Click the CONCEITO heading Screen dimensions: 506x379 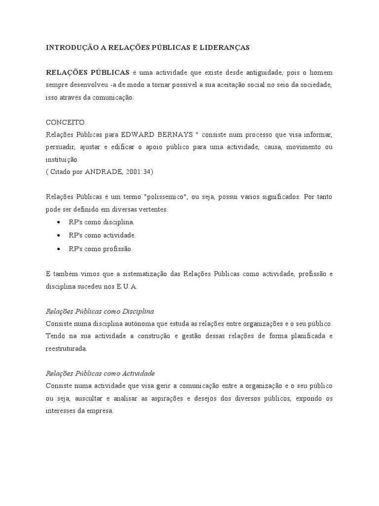pyautogui.click(x=65, y=122)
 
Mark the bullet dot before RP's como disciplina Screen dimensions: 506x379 pyautogui.click(x=59, y=222)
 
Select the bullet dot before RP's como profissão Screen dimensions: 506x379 pyautogui.click(x=59, y=249)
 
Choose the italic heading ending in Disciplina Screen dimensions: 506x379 pyautogui.click(x=100, y=311)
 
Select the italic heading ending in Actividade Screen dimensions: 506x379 pyautogui.click(x=100, y=373)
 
